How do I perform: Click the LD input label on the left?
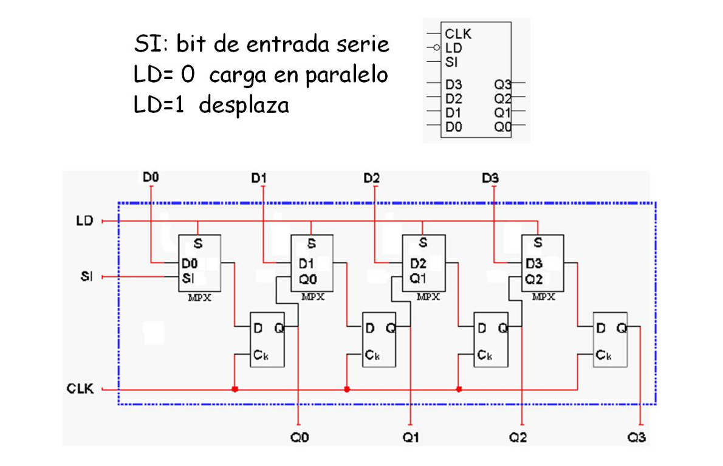(x=84, y=221)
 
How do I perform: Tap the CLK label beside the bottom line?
(x=80, y=389)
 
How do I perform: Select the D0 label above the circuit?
(x=151, y=177)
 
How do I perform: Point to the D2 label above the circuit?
(x=372, y=177)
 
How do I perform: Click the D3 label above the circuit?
(x=490, y=177)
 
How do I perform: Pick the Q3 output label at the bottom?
(x=637, y=437)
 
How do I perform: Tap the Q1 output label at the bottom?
(x=411, y=437)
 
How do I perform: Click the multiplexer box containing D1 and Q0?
(x=312, y=263)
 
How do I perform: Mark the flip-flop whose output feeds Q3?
(x=609, y=339)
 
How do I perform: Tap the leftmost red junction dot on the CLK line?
(x=235, y=389)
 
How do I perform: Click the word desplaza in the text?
(x=244, y=106)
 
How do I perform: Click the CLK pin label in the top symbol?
(x=457, y=33)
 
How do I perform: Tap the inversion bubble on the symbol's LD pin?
(x=437, y=47)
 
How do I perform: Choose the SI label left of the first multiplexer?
(x=86, y=277)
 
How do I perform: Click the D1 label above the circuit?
(x=259, y=177)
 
